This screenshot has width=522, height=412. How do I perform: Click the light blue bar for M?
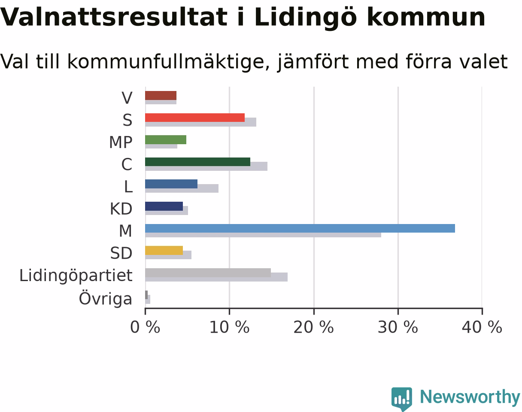[300, 228]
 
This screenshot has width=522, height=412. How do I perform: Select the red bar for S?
[195, 118]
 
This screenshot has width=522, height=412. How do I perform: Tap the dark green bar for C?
[198, 162]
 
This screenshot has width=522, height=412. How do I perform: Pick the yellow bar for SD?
[164, 251]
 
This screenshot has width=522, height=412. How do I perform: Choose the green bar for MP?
[166, 140]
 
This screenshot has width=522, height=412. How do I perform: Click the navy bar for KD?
[164, 206]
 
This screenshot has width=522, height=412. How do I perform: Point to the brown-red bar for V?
[161, 96]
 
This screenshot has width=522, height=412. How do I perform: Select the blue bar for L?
[171, 184]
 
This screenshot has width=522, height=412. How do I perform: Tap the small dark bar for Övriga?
[146, 295]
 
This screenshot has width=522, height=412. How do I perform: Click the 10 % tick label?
[230, 327]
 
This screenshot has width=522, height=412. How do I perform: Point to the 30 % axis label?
[398, 327]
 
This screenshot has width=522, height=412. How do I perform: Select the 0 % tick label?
[145, 327]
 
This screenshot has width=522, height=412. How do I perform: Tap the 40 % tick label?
[482, 327]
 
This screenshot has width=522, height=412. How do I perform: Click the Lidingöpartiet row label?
[76, 276]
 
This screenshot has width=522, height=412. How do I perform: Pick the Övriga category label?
[106, 297]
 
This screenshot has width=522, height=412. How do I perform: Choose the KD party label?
[121, 209]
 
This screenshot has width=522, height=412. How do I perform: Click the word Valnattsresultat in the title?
[113, 17]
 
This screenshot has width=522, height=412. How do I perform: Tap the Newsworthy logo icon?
[402, 399]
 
